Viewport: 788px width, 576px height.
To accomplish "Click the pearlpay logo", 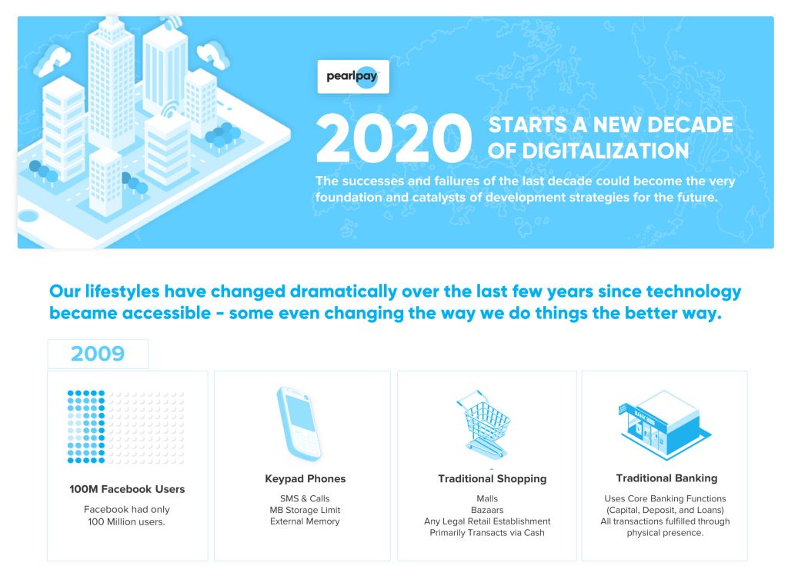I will (x=353, y=77).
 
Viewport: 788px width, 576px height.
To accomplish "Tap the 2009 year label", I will (x=98, y=354).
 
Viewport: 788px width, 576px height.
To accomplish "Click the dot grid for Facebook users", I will (x=125, y=427).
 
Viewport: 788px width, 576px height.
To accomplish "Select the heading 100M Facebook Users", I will (x=127, y=489).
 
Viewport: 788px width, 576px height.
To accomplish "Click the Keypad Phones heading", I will (x=305, y=478).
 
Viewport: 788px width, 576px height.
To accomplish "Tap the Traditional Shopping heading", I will (x=492, y=478).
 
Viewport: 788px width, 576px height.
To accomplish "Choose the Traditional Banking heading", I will (x=666, y=478).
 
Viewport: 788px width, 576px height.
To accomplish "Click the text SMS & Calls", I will (x=305, y=498).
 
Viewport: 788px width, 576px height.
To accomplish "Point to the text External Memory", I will (x=305, y=521).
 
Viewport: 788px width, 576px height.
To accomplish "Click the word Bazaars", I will (x=487, y=510).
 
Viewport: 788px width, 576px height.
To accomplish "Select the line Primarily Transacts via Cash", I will (x=487, y=532).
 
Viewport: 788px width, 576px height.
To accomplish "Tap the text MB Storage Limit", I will (x=305, y=510).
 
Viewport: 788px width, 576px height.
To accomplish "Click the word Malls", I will (x=487, y=498).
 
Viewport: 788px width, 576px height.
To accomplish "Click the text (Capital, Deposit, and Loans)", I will (x=664, y=510).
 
